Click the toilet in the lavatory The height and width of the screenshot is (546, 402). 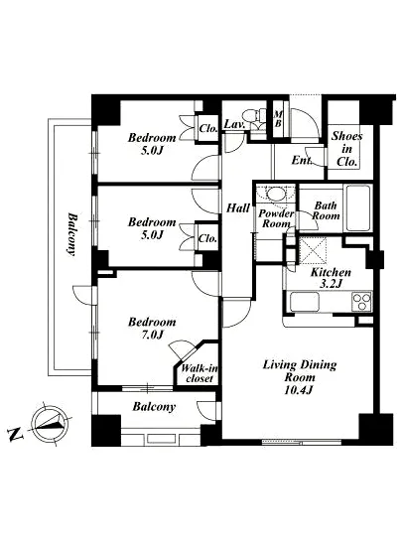[253, 117]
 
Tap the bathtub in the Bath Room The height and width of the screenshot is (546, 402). [357, 207]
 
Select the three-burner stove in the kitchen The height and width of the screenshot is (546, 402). [362, 302]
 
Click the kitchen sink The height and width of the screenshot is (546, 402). [305, 302]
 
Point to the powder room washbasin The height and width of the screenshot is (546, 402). [276, 194]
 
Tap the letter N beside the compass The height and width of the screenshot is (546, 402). [14, 434]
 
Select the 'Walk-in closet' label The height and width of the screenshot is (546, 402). [200, 373]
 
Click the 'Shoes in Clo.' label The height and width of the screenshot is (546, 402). [346, 149]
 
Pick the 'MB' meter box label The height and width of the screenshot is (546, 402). [278, 119]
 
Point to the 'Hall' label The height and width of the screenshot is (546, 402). [238, 208]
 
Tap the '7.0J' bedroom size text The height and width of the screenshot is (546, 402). [152, 335]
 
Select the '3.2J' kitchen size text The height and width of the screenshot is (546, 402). [331, 284]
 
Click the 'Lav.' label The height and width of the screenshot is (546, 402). [235, 124]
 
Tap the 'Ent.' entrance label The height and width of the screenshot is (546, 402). [302, 160]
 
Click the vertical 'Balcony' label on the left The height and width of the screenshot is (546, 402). [72, 234]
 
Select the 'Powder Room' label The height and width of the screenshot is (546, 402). [276, 218]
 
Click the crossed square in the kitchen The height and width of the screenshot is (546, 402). [313, 249]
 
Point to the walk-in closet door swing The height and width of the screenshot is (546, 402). [181, 348]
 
